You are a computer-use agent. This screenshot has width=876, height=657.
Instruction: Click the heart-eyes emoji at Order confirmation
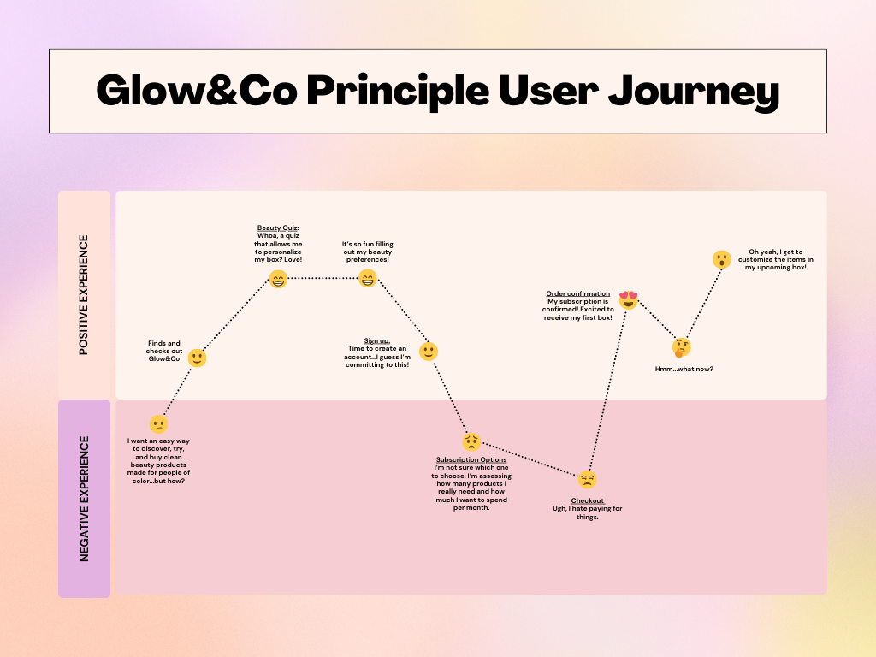coord(629,299)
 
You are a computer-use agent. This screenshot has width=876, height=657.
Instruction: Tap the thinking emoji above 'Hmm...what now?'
coord(682,347)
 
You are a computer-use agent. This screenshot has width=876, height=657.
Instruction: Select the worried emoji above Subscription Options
coord(471,441)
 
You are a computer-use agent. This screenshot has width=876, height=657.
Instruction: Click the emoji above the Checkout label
coord(587,479)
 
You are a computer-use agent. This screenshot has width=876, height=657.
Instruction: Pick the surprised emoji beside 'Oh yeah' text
coord(722,259)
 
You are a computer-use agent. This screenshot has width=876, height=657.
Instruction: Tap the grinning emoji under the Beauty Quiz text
coord(278,279)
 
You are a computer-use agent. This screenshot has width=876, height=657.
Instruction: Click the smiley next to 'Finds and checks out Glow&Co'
coord(197,358)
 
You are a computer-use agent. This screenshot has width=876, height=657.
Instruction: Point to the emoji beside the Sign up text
coord(429,352)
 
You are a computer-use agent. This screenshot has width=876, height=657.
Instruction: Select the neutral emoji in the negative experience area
coord(158,423)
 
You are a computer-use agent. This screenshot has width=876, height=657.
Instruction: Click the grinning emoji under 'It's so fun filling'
coord(367,279)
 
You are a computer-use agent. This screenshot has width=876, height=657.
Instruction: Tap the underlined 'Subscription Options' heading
coord(471,459)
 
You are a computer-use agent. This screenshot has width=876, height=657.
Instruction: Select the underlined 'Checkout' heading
coord(587,500)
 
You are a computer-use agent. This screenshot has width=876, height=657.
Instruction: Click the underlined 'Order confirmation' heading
coord(577,293)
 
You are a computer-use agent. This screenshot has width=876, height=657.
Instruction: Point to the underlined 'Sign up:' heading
coord(377,340)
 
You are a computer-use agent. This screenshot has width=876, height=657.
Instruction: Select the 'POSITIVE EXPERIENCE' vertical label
coord(84,295)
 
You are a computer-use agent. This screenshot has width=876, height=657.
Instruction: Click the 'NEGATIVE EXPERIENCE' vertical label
coord(84,499)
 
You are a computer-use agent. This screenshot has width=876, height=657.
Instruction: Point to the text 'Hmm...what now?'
coord(684,369)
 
